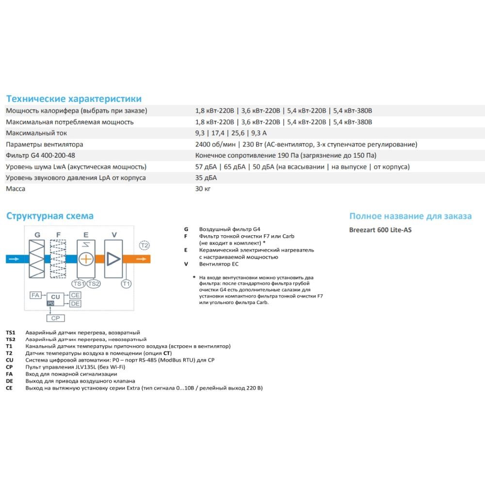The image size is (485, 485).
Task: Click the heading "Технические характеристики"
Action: click(x=74, y=98)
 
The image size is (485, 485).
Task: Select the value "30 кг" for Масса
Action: click(x=203, y=189)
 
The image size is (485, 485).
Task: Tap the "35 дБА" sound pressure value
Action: click(x=206, y=178)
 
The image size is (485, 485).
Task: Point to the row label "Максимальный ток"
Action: click(x=36, y=133)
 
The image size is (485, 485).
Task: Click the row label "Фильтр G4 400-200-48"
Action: click(x=41, y=155)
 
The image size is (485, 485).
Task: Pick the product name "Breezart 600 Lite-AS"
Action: click(x=380, y=230)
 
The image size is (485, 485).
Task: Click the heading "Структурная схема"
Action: click(x=50, y=216)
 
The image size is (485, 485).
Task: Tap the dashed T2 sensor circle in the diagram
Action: click(x=144, y=245)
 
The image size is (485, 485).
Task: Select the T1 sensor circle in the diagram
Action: click(x=126, y=284)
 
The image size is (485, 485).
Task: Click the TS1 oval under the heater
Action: click(x=79, y=284)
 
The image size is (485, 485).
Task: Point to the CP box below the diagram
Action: click(x=56, y=318)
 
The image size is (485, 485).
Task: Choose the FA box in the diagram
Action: click(x=35, y=295)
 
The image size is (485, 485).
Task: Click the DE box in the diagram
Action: click(x=75, y=304)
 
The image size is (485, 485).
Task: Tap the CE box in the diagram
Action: click(x=75, y=295)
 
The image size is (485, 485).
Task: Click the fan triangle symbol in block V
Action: click(x=113, y=259)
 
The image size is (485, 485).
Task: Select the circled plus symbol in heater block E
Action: click(x=86, y=259)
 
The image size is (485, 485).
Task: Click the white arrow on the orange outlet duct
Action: click(x=141, y=259)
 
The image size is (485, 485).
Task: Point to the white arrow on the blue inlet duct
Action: click(x=14, y=259)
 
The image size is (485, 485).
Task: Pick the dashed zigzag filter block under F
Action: click(x=58, y=259)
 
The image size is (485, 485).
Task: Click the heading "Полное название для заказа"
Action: click(x=410, y=216)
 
